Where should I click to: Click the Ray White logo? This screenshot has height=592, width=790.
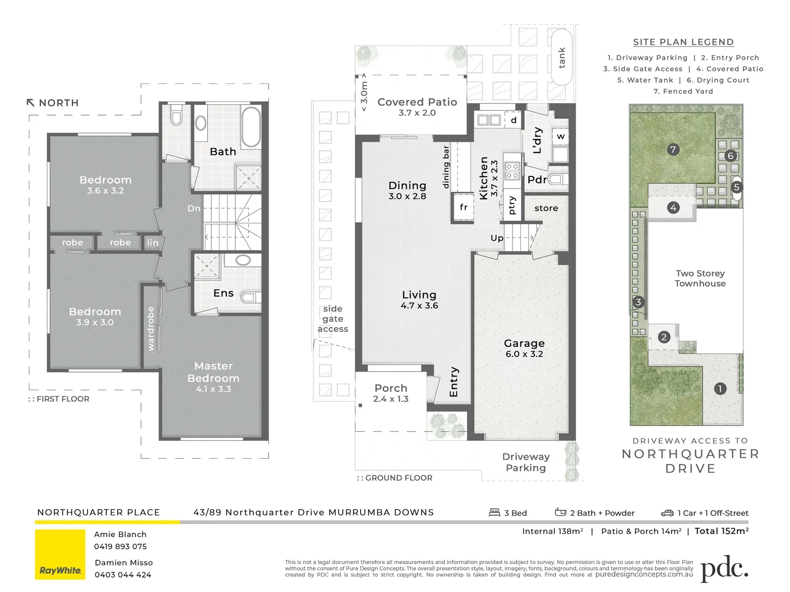[60, 554]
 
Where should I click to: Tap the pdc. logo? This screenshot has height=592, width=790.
[724, 570]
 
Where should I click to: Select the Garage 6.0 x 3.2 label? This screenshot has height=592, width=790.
[524, 348]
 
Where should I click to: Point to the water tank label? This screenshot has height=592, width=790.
[561, 58]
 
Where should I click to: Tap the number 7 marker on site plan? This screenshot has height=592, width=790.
[673, 149]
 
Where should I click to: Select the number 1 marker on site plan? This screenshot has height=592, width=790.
[720, 389]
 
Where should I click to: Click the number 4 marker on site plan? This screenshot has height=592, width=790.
[673, 208]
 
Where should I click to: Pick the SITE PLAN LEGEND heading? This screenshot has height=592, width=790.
[683, 42]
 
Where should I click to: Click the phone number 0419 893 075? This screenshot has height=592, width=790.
[120, 547]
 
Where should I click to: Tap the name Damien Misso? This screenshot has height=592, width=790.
[123, 562]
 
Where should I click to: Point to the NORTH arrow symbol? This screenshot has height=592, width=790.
[31, 103]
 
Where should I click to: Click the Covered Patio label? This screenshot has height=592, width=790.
[417, 107]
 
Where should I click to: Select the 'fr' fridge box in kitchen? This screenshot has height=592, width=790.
[463, 207]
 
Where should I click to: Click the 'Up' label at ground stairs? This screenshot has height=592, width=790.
[497, 238]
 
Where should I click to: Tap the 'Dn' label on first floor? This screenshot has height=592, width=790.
[194, 208]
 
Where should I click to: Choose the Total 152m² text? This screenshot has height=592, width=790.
[721, 531]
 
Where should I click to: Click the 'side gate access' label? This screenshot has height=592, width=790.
[333, 318]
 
